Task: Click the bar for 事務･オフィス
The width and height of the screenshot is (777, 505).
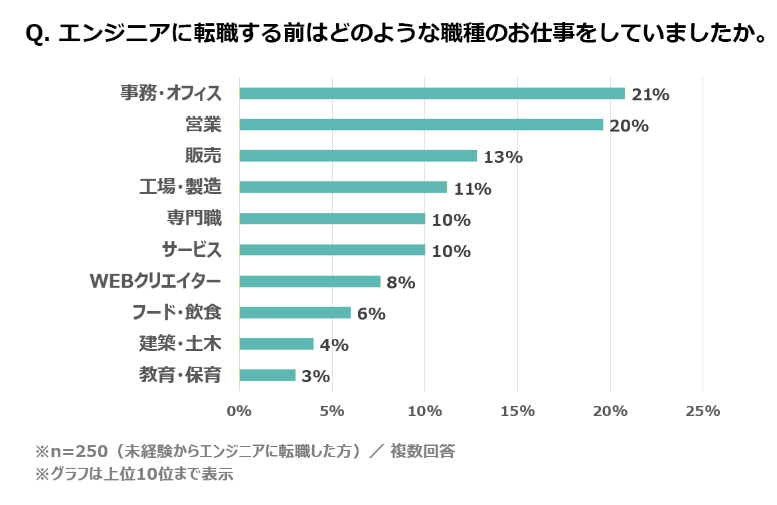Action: pyautogui.click(x=432, y=93)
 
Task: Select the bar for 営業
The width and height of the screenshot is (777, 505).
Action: pyautogui.click(x=421, y=124)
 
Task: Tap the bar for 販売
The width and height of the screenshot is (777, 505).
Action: pyautogui.click(x=358, y=155)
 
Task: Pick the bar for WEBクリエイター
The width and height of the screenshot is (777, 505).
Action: pyautogui.click(x=309, y=281)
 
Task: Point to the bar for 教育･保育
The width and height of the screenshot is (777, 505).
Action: pyautogui.click(x=267, y=375)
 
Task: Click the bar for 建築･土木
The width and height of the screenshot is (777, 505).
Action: pyautogui.click(x=276, y=344)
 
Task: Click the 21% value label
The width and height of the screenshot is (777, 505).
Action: pyautogui.click(x=650, y=94)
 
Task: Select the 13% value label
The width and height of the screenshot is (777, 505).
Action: pyautogui.click(x=503, y=157)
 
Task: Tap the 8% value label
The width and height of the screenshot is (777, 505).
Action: pyautogui.click(x=401, y=282)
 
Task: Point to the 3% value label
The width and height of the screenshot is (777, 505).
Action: pyautogui.click(x=315, y=376)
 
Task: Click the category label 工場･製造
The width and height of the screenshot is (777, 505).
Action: pyautogui.click(x=181, y=187)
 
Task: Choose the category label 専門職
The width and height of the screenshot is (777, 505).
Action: pyautogui.click(x=194, y=218)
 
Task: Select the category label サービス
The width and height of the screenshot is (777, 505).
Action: pyautogui.click(x=192, y=249)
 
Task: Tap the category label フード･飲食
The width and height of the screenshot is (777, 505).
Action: pyautogui.click(x=177, y=312)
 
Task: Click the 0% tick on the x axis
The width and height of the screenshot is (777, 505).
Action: pyautogui.click(x=239, y=411)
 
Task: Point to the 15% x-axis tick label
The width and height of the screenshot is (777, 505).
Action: pyautogui.click(x=517, y=411)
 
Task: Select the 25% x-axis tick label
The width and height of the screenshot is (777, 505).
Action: pyautogui.click(x=703, y=411)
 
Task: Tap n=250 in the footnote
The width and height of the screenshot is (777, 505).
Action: pyautogui.click(x=79, y=451)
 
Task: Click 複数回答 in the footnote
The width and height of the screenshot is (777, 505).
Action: pyautogui.click(x=422, y=451)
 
